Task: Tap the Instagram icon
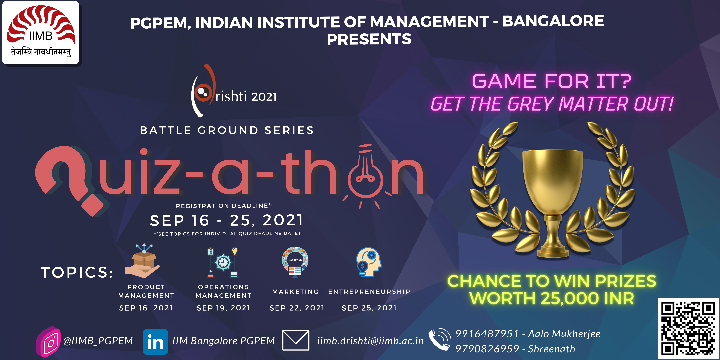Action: click(48, 342)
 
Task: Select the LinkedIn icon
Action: click(155, 342)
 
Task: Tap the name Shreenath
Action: click(552, 349)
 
